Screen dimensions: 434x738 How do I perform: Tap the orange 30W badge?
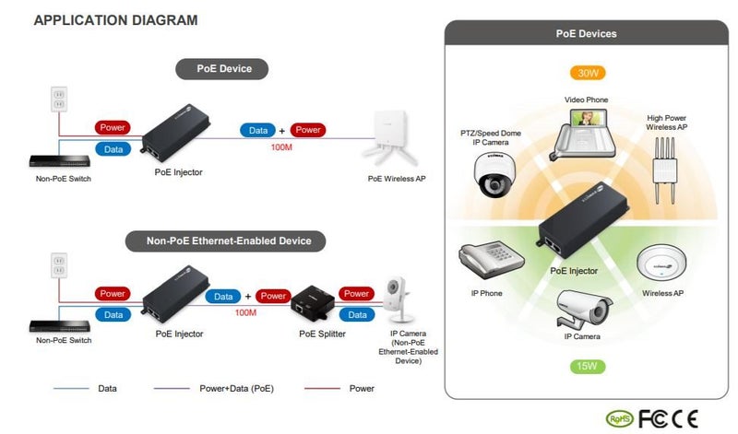[x=586, y=73]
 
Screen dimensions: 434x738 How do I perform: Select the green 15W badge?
[x=586, y=367]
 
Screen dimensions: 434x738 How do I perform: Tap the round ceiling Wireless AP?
[x=662, y=263]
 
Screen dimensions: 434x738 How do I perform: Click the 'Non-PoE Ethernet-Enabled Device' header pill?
[x=229, y=241]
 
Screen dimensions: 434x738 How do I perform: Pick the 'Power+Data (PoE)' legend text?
[x=235, y=389]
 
